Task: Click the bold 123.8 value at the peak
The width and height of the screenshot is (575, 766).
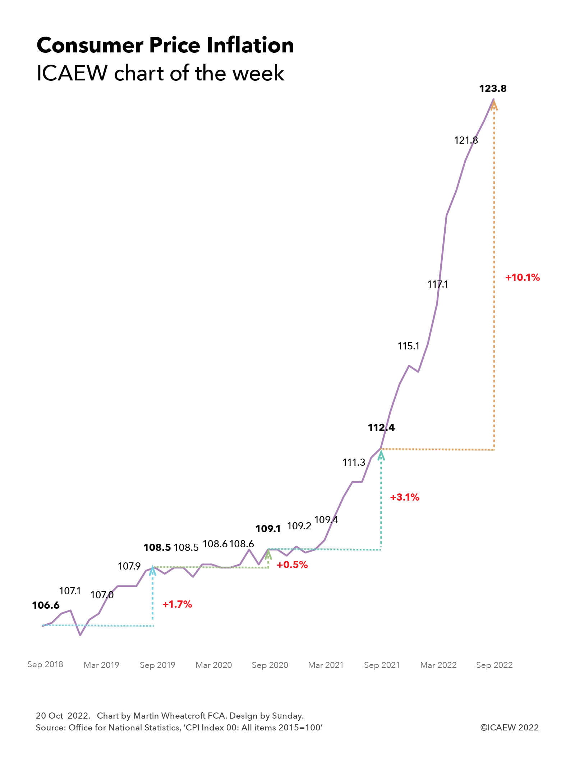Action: coord(493,89)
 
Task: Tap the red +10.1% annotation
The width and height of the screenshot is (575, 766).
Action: coord(523,277)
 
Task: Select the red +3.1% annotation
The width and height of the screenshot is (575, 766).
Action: coord(405,497)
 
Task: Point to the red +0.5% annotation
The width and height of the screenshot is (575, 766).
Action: coord(292,565)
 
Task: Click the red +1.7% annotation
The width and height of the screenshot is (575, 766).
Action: coord(177,604)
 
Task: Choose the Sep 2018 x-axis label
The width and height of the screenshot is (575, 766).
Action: coord(45,664)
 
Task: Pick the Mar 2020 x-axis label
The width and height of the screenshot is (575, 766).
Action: coord(213,665)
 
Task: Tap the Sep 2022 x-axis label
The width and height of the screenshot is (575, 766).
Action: coord(494,665)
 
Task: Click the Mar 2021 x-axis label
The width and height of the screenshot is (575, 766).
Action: coord(326,665)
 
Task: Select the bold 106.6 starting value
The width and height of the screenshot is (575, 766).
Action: coord(46,605)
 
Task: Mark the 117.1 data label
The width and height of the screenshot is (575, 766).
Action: coord(438,284)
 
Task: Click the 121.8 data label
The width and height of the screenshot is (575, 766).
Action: coord(466,140)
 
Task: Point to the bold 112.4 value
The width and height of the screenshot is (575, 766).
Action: coord(381,427)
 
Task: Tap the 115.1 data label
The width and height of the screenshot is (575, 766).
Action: coord(409,346)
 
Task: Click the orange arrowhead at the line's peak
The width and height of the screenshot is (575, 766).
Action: coord(494,105)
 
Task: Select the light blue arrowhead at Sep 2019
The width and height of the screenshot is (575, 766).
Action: coord(153,570)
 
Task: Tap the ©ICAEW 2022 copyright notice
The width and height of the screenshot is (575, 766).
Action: coord(509,727)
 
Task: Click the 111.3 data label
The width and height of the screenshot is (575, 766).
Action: coord(354,462)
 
